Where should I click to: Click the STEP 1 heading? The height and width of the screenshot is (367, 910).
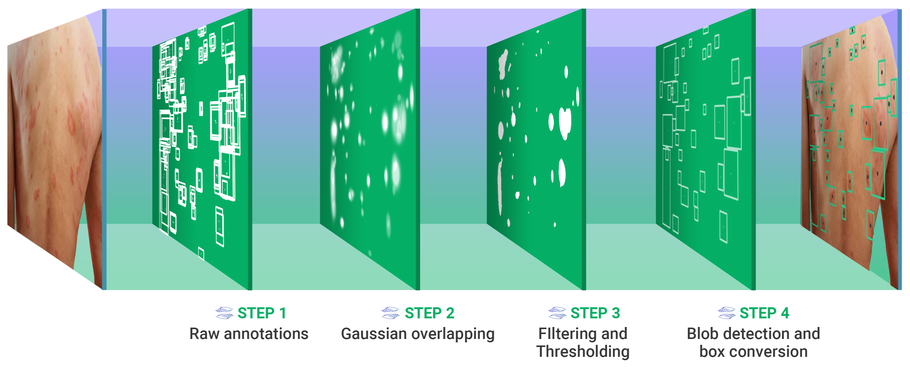[262, 313]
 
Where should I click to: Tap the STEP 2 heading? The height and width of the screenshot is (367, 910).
[429, 313]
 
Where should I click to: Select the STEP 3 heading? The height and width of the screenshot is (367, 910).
[595, 313]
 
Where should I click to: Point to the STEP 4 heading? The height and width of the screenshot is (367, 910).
[765, 313]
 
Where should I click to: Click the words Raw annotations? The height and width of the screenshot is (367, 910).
[249, 334]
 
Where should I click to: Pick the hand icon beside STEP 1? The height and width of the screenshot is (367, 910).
[224, 313]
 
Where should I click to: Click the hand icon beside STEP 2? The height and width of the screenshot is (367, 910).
[390, 313]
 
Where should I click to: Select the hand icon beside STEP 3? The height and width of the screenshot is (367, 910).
[557, 313]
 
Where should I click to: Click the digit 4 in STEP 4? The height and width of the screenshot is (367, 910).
[785, 313]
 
